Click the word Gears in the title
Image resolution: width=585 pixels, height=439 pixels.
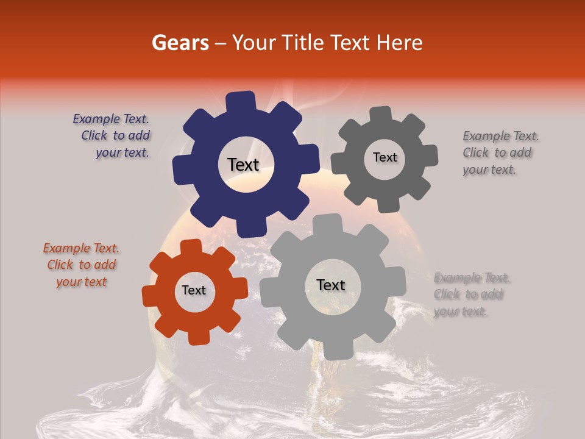(180, 43)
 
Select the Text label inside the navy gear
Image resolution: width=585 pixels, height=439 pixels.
(243, 165)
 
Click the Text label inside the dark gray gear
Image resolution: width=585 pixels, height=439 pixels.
(385, 157)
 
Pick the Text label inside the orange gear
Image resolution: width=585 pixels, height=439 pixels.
(194, 291)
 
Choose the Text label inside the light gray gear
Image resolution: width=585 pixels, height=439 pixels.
(331, 285)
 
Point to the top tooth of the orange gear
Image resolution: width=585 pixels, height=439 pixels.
(191, 247)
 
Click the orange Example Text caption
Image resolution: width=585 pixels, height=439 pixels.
(81, 265)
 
